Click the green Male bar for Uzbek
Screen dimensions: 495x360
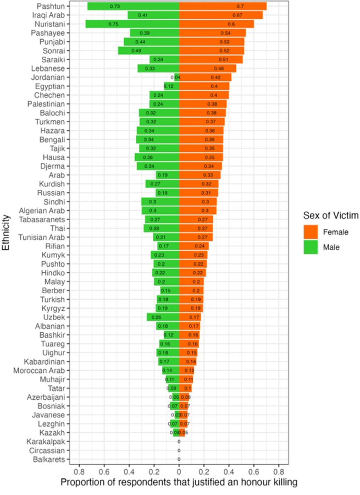(x=163, y=317)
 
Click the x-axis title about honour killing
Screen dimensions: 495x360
(x=179, y=482)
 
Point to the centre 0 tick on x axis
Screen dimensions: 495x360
(x=179, y=471)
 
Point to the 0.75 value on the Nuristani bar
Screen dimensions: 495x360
(x=113, y=24)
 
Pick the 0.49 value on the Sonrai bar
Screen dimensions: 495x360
(x=136, y=51)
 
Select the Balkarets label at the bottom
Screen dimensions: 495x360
(x=48, y=459)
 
